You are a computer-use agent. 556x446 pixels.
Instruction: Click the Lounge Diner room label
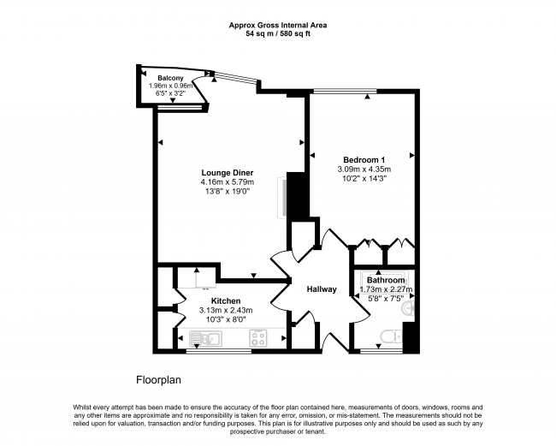[x=228, y=172]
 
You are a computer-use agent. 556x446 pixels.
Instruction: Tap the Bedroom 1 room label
[x=364, y=159]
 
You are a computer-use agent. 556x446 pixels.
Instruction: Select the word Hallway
[x=322, y=289]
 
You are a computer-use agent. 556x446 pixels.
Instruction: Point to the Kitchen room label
[x=226, y=300]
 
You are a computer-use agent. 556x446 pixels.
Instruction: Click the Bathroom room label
[x=386, y=280]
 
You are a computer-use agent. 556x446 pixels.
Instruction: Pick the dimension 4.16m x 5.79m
[x=228, y=182]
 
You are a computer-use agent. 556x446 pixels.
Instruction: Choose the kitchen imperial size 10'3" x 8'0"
[x=226, y=319]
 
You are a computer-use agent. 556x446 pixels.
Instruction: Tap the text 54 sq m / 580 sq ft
[x=278, y=35]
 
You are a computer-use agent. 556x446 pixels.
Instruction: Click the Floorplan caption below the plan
[x=158, y=378]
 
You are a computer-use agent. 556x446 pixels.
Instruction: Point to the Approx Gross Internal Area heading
[x=278, y=26]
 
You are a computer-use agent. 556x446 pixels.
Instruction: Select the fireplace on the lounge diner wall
[x=284, y=198]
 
